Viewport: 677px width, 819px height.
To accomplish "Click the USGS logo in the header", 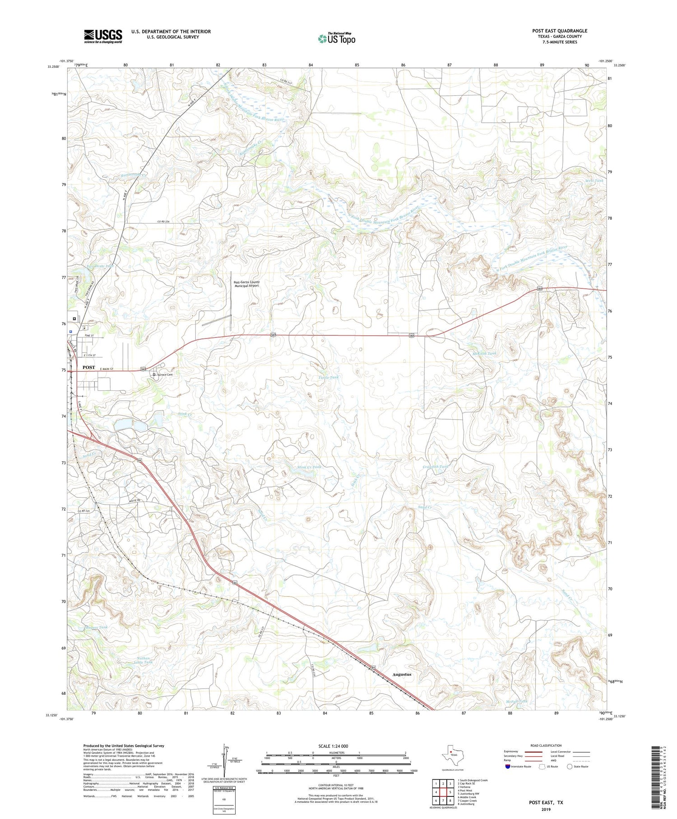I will pyautogui.click(x=103, y=36).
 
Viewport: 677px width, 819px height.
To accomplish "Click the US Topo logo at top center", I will pyautogui.click(x=337, y=39).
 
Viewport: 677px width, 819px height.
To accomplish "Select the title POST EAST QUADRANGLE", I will pyautogui.click(x=560, y=31).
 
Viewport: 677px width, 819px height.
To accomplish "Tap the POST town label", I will pyautogui.click(x=88, y=367).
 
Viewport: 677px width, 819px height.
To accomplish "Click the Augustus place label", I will pyautogui.click(x=402, y=674).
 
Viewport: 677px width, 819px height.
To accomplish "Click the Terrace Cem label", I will pyautogui.click(x=165, y=375).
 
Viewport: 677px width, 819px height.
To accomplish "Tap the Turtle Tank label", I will pyautogui.click(x=328, y=377).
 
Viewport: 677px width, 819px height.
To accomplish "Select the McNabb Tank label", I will pyautogui.click(x=484, y=353).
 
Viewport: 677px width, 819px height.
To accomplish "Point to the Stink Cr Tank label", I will pyautogui.click(x=310, y=467).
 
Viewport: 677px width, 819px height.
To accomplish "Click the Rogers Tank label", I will pyautogui.click(x=96, y=627).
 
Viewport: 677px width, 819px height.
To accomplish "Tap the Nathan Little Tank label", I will pyautogui.click(x=143, y=660).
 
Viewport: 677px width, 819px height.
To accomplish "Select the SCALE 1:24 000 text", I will pyautogui.click(x=334, y=746).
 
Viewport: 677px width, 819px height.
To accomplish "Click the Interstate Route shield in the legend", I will pyautogui.click(x=508, y=766).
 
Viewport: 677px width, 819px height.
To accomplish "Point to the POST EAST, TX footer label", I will pyautogui.click(x=546, y=802).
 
